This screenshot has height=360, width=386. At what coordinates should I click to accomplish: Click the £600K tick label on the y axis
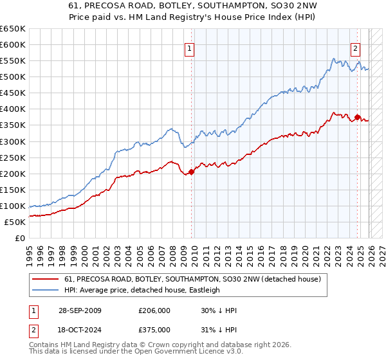tap(13, 44)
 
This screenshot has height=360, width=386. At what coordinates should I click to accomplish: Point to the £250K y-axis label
tap(13, 157)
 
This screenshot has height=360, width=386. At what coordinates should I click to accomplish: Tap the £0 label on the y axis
tap(19, 238)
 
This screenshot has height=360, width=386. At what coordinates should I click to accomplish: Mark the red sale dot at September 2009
tap(191, 172)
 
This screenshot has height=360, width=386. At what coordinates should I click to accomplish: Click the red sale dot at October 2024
tap(357, 117)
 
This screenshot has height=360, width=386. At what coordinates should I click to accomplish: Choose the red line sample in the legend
tap(46, 279)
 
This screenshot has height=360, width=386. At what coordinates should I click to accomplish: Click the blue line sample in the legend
tap(46, 290)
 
